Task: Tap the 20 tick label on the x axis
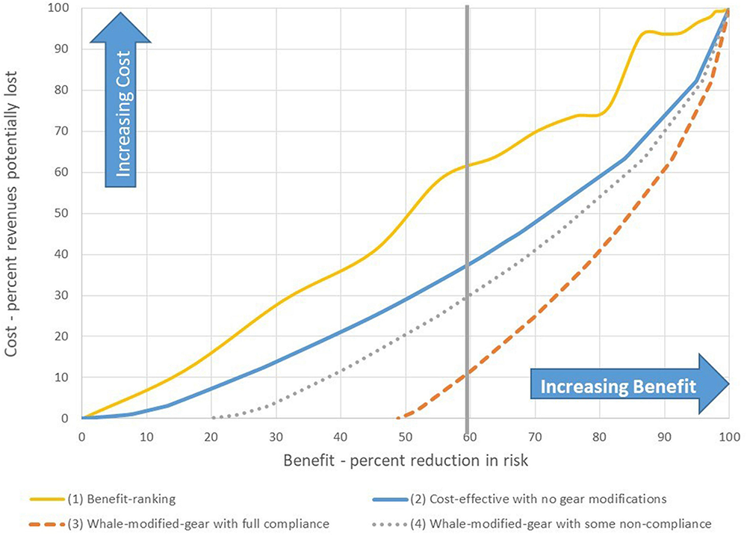pyautogui.click(x=211, y=435)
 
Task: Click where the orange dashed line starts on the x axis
pyautogui.click(x=397, y=418)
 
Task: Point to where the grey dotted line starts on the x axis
pyautogui.click(x=212, y=418)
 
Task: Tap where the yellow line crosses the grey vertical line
pyautogui.click(x=468, y=165)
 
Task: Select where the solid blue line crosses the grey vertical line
pyautogui.click(x=468, y=265)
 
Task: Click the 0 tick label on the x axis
pyautogui.click(x=81, y=435)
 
